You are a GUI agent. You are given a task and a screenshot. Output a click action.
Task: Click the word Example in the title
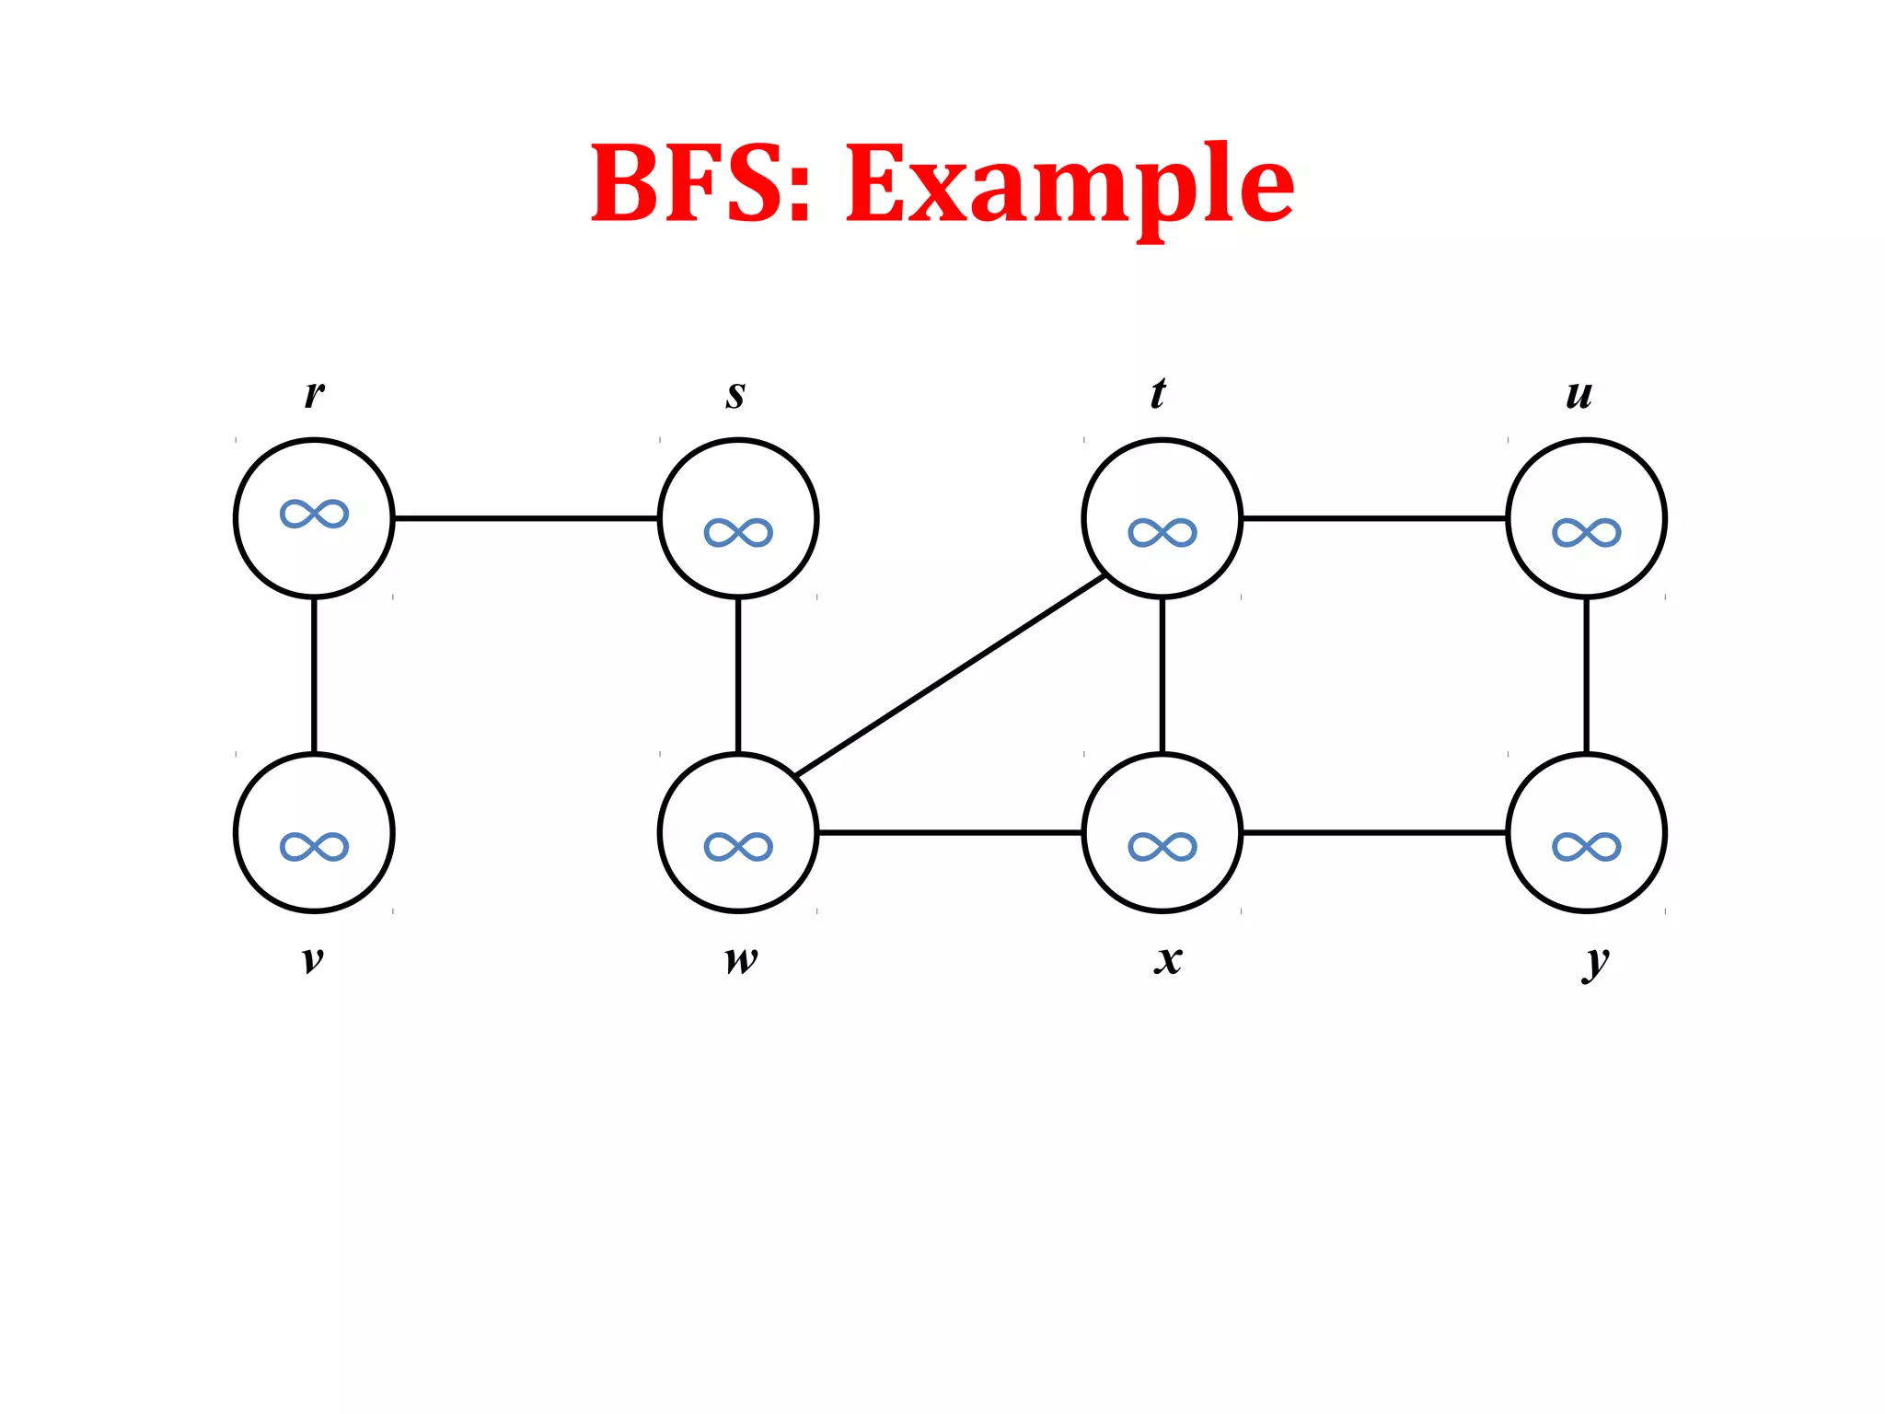point(1070,184)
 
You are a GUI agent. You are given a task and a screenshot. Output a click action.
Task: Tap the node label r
point(314,394)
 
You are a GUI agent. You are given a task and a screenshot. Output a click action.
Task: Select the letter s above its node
point(735,394)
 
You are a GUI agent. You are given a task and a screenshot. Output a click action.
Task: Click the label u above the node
point(1579,394)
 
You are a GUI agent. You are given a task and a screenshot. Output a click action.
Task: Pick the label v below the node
point(313,959)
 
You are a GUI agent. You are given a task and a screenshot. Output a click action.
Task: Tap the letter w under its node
point(741,959)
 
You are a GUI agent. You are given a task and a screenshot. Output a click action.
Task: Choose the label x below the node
point(1168,959)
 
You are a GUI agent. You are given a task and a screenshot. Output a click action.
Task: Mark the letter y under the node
point(1596,962)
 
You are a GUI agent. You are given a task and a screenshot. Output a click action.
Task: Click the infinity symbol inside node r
point(314,514)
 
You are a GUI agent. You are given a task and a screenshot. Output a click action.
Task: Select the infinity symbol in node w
point(738,846)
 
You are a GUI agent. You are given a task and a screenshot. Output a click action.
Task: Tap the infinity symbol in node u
point(1586,532)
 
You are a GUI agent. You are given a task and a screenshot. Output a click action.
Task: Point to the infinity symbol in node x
point(1162,846)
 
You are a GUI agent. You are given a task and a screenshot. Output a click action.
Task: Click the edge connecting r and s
point(526,518)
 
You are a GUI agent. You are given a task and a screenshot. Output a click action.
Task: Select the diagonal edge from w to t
point(951,675)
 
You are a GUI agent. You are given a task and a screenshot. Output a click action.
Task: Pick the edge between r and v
point(314,675)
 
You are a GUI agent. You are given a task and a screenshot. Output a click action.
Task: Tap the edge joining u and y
point(1586,675)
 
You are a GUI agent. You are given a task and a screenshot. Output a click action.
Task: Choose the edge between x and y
point(1374,832)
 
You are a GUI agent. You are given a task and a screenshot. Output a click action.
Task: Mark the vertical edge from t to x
point(1162,675)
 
